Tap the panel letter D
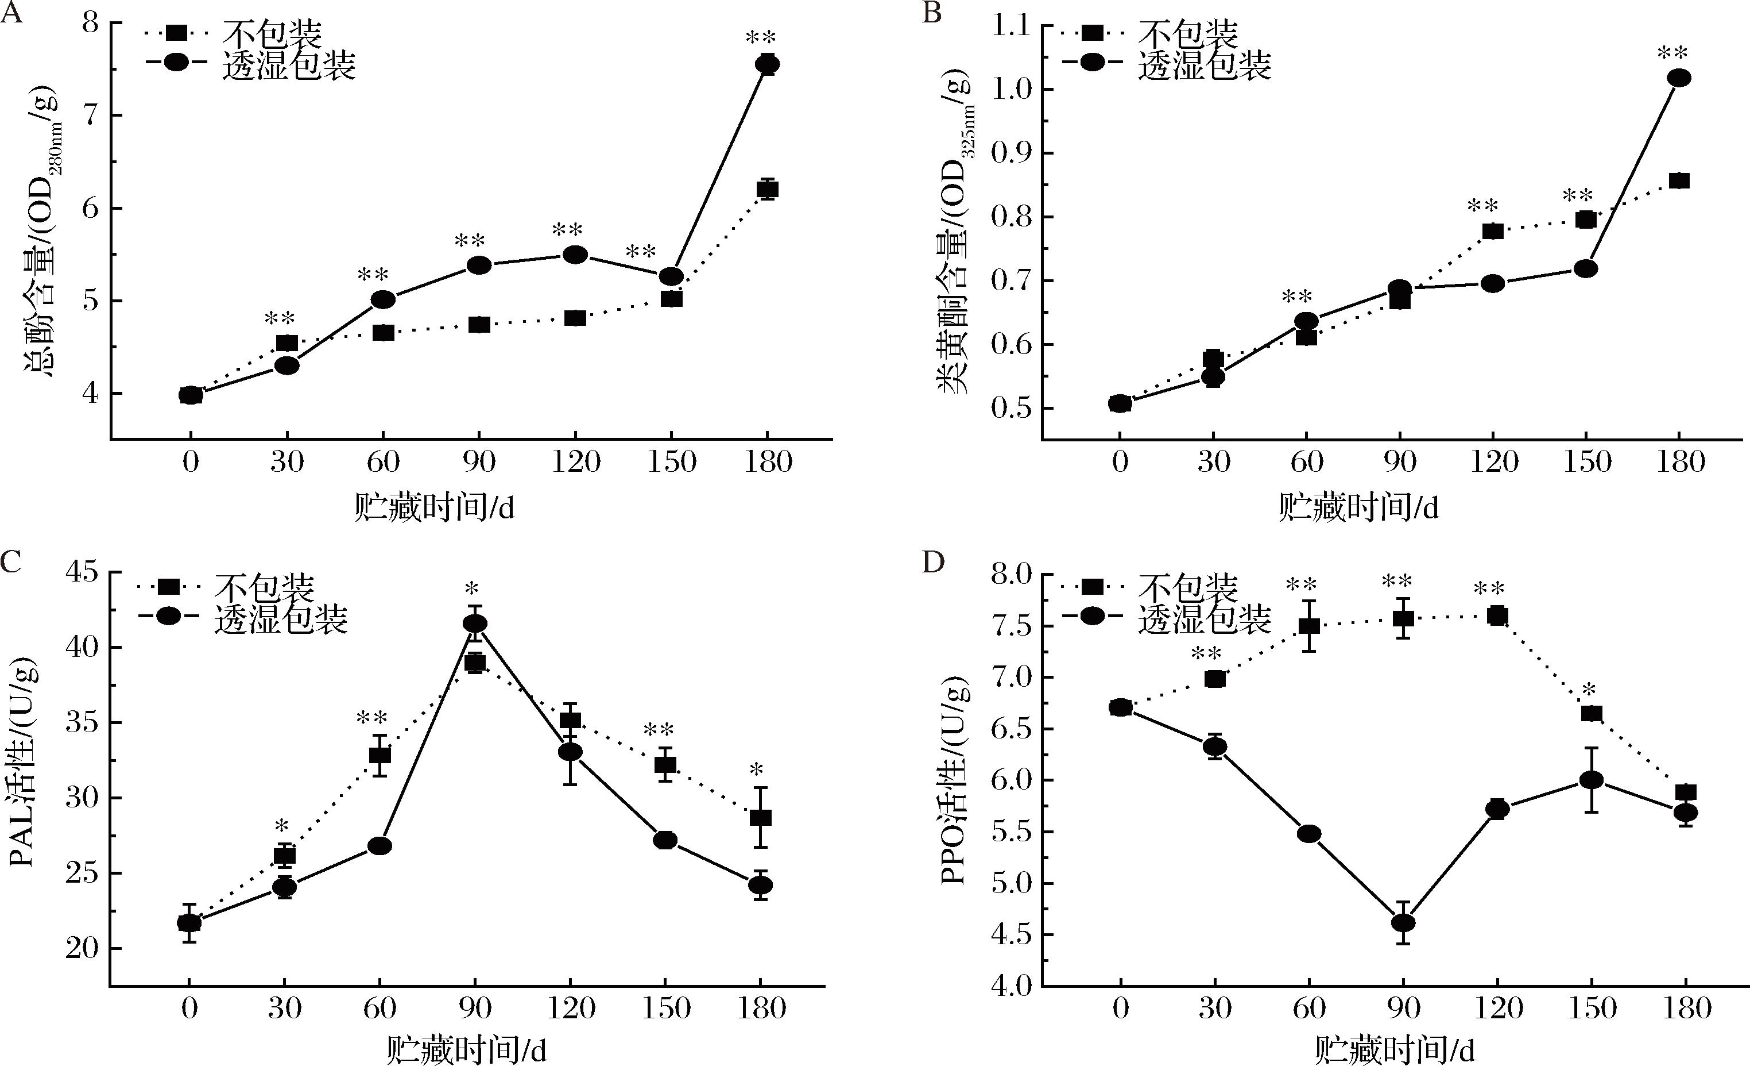[933, 563]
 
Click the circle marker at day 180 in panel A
[767, 64]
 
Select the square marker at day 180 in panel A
[767, 189]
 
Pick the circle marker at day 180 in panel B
[1679, 78]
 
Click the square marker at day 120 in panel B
[1493, 231]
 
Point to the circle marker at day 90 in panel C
[475, 624]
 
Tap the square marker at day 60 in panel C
[380, 755]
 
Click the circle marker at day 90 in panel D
[1403, 922]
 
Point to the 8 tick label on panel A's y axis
[90, 24]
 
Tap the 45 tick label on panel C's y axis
[83, 573]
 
